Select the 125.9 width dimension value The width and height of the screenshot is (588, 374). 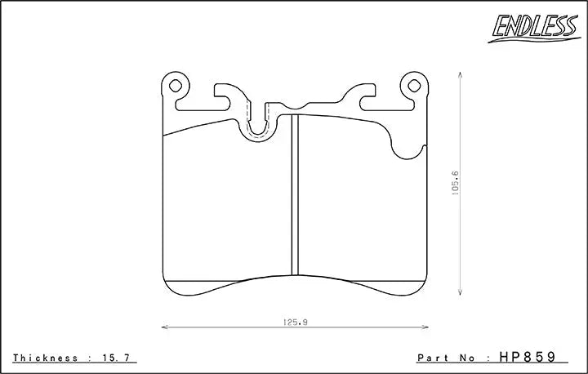pyautogui.click(x=295, y=322)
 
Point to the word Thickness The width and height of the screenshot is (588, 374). pyautogui.click(x=46, y=358)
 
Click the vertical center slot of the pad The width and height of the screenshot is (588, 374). pyautogui.click(x=296, y=196)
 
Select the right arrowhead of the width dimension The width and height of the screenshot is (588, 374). pyautogui.click(x=427, y=327)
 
